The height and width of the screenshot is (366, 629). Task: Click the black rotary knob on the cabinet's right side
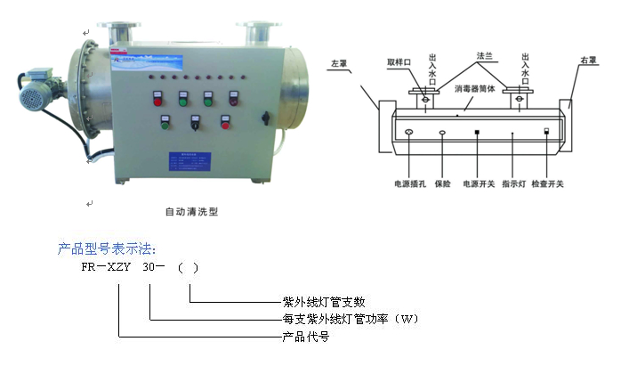pos(263,118)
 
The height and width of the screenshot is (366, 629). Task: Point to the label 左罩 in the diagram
pos(338,64)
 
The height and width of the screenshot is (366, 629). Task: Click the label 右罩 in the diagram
pos(588,61)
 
